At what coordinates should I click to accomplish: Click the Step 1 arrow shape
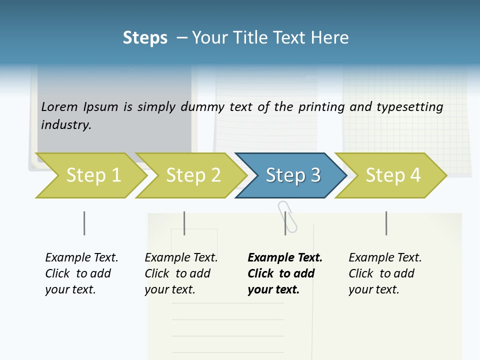pyautogui.click(x=92, y=175)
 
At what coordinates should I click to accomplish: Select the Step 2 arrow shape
pyautogui.click(x=193, y=175)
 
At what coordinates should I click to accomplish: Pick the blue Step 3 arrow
pyautogui.click(x=292, y=175)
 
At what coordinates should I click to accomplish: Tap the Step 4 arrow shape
pyautogui.click(x=392, y=175)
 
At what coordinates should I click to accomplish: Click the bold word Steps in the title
pyautogui.click(x=145, y=37)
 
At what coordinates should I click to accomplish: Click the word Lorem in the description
pyautogui.click(x=59, y=106)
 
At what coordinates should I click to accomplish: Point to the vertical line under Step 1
pyautogui.click(x=84, y=223)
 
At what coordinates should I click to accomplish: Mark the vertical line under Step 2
pyautogui.click(x=184, y=223)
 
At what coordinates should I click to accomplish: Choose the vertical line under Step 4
pyautogui.click(x=386, y=223)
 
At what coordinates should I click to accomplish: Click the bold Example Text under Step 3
pyautogui.click(x=285, y=257)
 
